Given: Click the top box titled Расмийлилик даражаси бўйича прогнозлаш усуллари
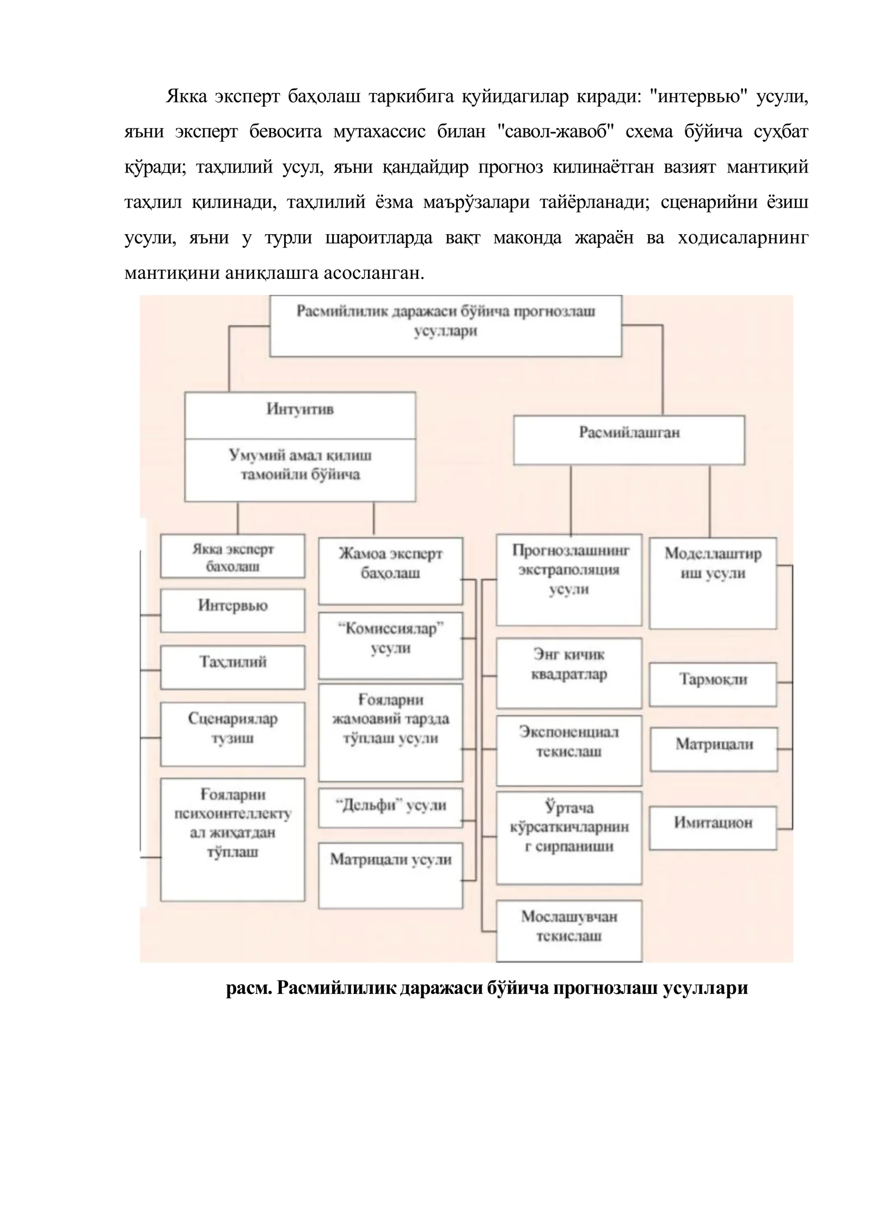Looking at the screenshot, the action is [445, 326].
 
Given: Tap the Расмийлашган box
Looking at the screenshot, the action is [629, 440].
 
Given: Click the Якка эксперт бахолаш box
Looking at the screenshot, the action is [232, 556].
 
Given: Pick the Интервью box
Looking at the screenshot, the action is [232, 611].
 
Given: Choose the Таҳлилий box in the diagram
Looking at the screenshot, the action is [232, 667].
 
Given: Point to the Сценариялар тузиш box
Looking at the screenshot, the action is [232, 734].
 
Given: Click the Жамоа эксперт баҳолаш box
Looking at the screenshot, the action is [390, 571].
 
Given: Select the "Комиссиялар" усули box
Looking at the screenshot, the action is [390, 646].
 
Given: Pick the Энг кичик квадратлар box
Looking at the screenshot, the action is [569, 673].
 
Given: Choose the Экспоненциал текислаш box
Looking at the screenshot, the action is [569, 751].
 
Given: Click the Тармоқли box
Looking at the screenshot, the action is [713, 685].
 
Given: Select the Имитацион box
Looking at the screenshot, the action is [713, 828].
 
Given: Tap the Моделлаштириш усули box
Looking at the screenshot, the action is [713, 583].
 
